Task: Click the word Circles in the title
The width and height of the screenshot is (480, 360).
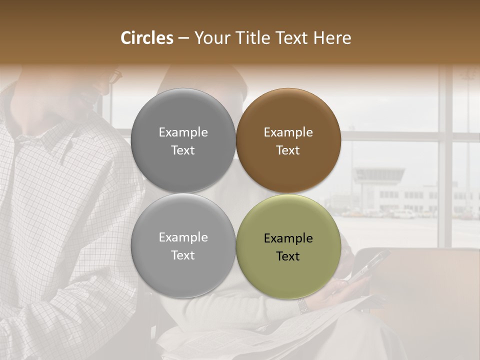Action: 146,38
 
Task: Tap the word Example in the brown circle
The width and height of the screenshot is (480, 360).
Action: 288,132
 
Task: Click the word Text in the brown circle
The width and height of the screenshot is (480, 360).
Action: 288,150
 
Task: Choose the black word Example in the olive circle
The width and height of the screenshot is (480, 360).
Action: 288,238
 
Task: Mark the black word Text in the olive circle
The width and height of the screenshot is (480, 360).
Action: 288,256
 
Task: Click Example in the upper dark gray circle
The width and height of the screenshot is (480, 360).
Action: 183,132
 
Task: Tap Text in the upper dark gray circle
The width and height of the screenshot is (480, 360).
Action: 183,150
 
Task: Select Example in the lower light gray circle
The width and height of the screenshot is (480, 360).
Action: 183,237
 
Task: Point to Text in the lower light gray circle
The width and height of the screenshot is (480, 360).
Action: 183,255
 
